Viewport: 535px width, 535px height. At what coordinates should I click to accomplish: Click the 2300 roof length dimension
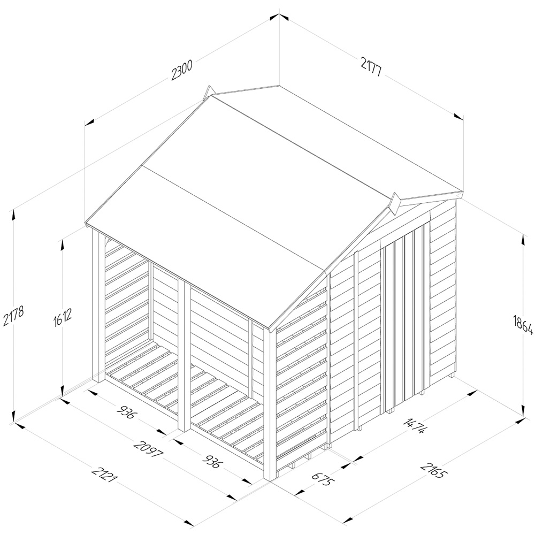point(182,70)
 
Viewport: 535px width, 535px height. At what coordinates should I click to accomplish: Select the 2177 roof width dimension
point(371,67)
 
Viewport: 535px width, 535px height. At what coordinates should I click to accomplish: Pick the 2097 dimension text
point(148,450)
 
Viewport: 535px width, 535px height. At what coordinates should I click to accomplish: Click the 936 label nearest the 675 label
point(212,458)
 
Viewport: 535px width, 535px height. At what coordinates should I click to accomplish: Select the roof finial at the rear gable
point(208,93)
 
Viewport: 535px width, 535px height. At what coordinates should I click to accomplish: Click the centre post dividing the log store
point(184,355)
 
